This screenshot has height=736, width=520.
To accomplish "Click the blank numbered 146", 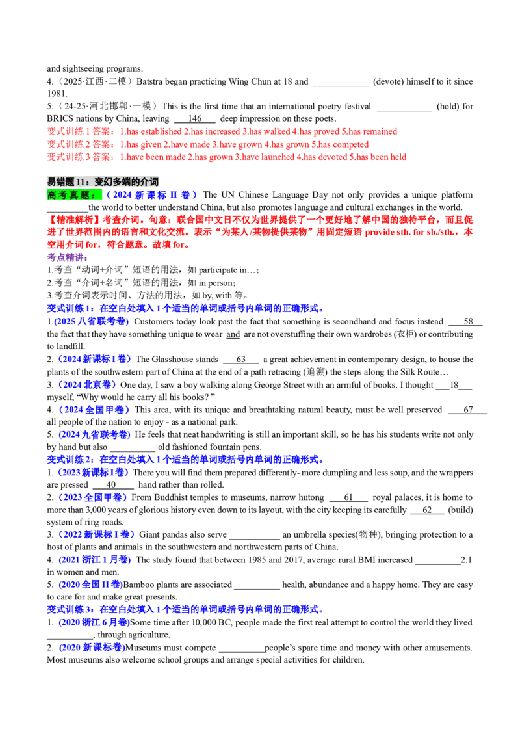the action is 195,119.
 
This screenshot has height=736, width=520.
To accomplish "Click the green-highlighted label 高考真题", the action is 74,195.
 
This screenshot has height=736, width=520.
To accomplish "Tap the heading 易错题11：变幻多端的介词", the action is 103,181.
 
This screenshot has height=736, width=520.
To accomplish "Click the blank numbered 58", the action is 465,322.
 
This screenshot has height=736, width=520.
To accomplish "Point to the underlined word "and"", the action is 233,334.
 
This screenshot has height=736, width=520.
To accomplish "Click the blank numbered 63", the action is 240,360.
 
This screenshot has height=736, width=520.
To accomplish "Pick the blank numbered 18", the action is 454,385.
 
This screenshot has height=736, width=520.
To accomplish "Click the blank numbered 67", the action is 468,410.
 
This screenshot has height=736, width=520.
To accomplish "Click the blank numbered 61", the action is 348,497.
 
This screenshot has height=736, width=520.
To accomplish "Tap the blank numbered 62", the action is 427,510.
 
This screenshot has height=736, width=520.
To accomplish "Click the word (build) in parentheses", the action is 460,510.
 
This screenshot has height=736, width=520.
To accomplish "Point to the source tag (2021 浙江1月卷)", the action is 94,560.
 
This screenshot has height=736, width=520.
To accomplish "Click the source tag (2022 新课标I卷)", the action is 96,535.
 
